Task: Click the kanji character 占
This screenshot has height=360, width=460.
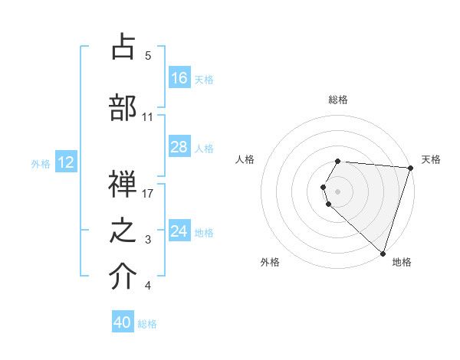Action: pos(123,47)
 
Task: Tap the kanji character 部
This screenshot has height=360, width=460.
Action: pos(123,108)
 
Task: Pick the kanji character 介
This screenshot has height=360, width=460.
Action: pos(123,278)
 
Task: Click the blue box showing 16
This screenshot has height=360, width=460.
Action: pos(179,77)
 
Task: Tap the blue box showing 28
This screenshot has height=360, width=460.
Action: pos(179,147)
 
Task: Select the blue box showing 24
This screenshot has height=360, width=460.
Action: pos(179,231)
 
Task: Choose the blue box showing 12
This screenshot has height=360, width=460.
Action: pos(66,162)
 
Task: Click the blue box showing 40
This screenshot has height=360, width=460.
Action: pos(123,322)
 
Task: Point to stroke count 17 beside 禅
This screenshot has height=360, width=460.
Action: pos(149,193)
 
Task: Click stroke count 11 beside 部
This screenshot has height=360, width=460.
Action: pos(148,116)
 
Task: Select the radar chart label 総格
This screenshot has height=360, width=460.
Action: pos(338,100)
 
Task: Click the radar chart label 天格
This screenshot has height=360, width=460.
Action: pos(431,159)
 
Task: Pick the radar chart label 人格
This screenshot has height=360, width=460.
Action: pos(245,159)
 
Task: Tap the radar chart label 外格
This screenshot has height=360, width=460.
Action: pos(270,262)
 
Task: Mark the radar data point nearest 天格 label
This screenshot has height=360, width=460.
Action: pos(410,168)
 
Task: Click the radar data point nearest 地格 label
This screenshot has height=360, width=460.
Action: pos(383,253)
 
